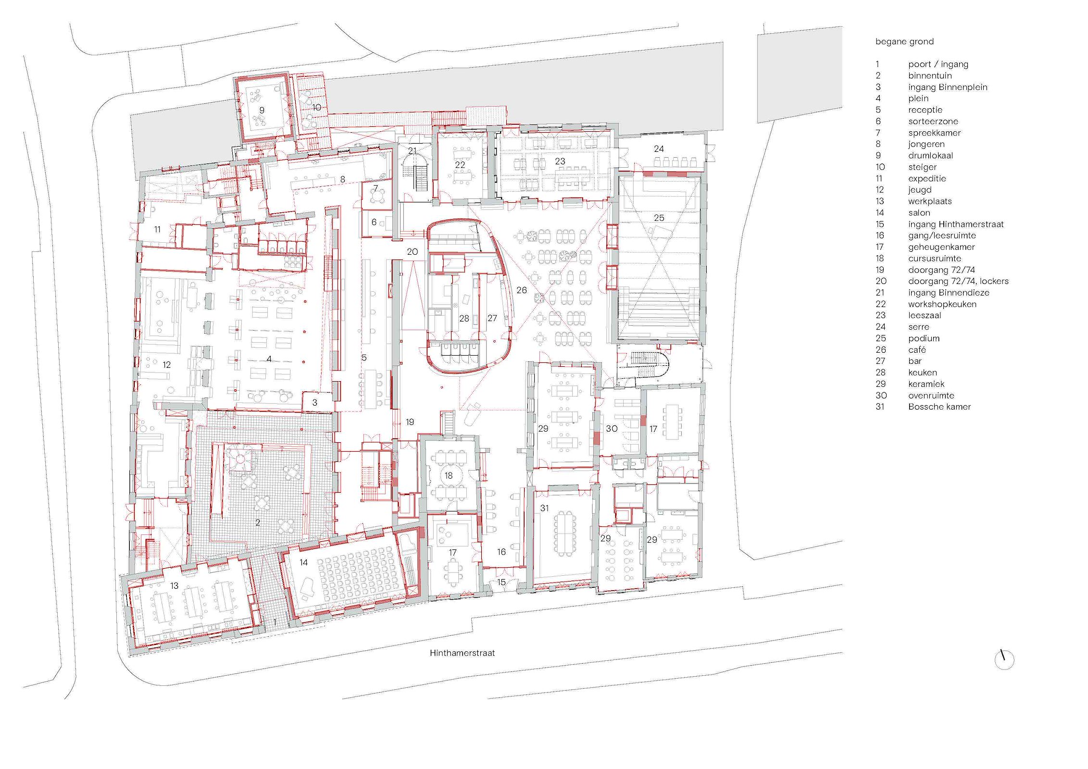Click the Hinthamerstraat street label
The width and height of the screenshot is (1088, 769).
click(x=462, y=653)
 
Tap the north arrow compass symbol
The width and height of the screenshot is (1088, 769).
click(x=1004, y=659)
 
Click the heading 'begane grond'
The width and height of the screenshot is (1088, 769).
click(x=904, y=42)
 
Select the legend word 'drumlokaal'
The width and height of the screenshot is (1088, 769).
click(x=930, y=155)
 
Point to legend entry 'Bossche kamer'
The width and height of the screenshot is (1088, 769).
click(x=939, y=407)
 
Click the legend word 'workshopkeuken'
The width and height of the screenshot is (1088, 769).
click(x=942, y=304)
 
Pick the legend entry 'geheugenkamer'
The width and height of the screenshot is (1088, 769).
click(x=941, y=247)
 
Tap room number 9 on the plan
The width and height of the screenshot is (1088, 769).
click(x=262, y=110)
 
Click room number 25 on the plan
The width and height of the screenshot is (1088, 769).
click(x=659, y=218)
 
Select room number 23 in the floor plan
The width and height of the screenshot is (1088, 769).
click(x=560, y=161)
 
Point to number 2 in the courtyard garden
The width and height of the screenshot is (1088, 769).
click(x=258, y=522)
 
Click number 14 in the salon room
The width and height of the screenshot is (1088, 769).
click(x=303, y=562)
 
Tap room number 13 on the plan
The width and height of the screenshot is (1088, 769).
click(x=174, y=585)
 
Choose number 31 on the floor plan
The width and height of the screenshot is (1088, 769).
click(x=544, y=508)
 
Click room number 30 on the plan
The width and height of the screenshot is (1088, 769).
click(x=612, y=428)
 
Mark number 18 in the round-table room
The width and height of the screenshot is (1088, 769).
click(x=449, y=475)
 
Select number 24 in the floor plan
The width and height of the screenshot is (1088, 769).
click(x=659, y=149)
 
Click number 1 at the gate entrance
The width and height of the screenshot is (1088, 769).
click(x=275, y=622)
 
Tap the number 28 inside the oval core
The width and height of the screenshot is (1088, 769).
click(x=464, y=318)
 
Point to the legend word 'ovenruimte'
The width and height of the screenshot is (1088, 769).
click(x=931, y=396)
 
